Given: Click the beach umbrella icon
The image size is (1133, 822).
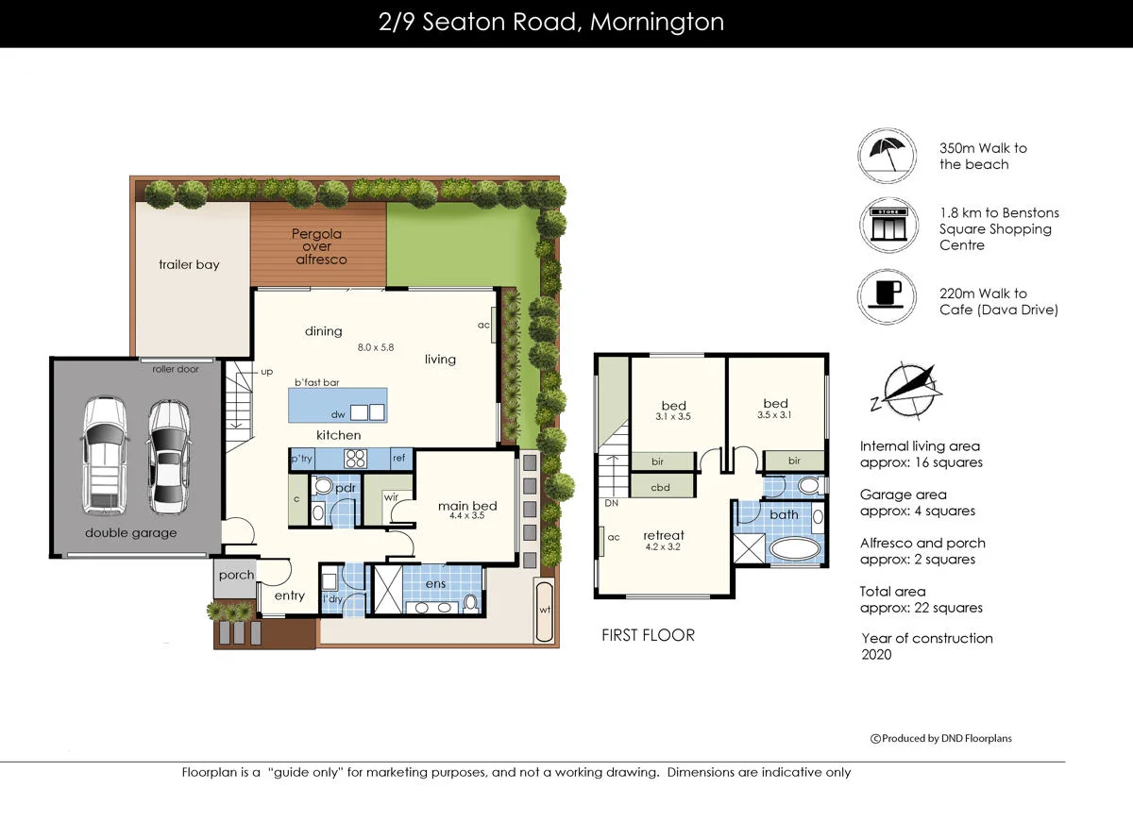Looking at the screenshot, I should (x=888, y=156).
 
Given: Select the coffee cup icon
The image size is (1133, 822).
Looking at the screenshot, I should (x=888, y=296).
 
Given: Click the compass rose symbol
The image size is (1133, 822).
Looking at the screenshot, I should (x=905, y=390).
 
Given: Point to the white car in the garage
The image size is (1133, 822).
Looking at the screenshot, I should (x=104, y=455).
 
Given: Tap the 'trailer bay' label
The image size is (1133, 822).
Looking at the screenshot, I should (x=189, y=265).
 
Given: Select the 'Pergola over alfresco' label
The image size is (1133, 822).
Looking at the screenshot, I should (x=317, y=246).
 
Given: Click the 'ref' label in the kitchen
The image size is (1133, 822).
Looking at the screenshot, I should (x=398, y=459).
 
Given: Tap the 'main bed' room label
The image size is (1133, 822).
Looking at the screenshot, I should (x=466, y=507).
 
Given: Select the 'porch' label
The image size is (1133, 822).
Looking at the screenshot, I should (x=236, y=575).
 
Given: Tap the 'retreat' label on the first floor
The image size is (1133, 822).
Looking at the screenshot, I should (x=664, y=535).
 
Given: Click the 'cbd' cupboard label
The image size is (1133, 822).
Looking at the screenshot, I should (x=660, y=488).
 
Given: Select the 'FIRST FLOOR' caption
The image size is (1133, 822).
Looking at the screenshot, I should (x=648, y=635).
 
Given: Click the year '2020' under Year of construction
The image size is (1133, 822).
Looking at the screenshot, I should (x=876, y=654).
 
